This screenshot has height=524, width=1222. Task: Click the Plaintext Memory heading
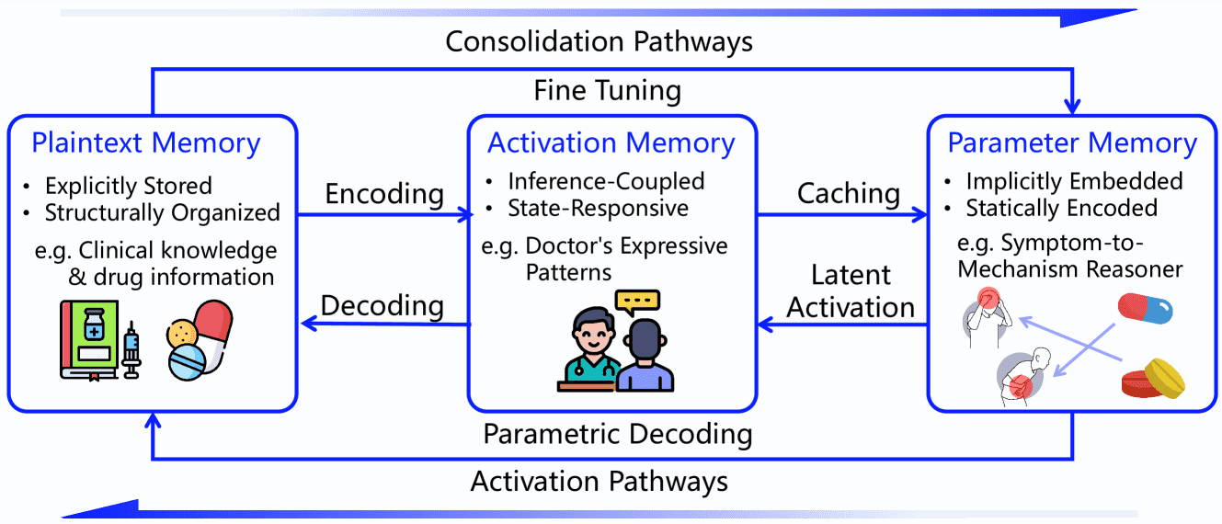click(146, 143)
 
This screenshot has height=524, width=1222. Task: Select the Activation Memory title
click(611, 143)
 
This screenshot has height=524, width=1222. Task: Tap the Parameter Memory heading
click(1072, 143)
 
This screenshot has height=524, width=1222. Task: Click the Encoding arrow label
click(384, 194)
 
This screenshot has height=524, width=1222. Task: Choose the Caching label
click(849, 193)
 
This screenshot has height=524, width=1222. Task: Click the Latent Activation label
click(851, 291)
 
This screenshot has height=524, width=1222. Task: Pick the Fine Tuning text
click(608, 91)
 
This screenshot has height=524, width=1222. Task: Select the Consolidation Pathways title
click(600, 41)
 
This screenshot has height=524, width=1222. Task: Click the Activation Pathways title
click(600, 481)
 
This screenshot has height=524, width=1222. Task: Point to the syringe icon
click(131, 348)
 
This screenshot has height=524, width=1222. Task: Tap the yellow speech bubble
click(638, 302)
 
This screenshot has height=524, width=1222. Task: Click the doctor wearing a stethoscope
click(591, 349)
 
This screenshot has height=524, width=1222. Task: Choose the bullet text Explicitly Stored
click(129, 186)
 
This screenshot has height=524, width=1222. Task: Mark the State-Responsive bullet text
click(598, 209)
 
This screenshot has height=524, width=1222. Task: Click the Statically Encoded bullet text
click(1061, 209)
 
